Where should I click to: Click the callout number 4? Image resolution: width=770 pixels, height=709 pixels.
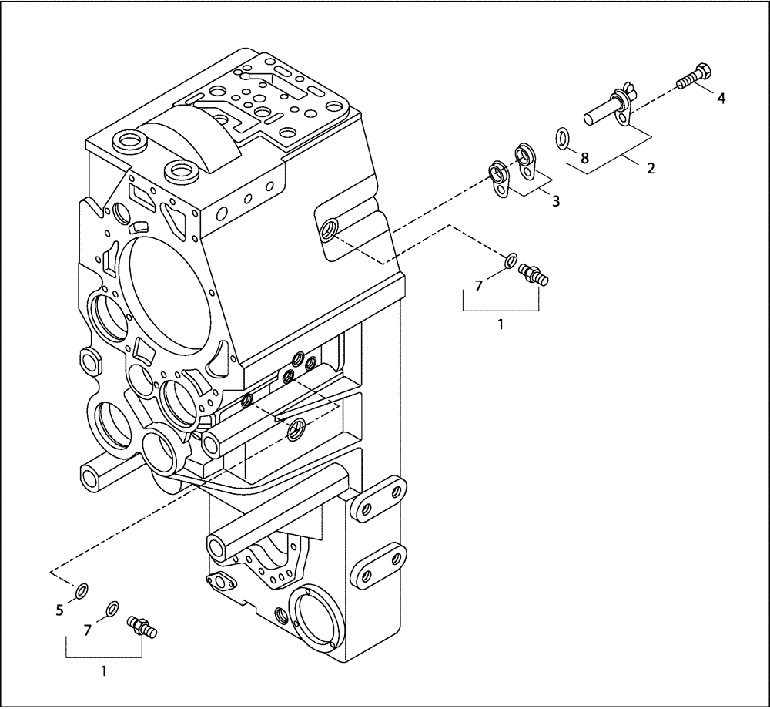[x=721, y=98]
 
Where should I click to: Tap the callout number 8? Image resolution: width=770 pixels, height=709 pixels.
[x=584, y=159]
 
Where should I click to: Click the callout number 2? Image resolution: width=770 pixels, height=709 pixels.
[x=651, y=167]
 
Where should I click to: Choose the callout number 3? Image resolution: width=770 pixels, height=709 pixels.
[x=555, y=201]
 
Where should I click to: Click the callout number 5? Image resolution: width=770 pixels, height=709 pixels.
[x=59, y=610]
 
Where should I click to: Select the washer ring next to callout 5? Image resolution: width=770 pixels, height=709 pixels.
[x=81, y=592]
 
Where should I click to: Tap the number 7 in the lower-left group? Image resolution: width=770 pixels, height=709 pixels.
[x=88, y=630]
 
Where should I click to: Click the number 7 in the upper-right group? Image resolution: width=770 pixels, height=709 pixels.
[x=478, y=286]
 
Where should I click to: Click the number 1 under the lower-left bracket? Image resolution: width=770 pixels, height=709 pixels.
[x=104, y=670]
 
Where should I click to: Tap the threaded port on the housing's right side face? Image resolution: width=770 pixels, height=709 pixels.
[x=330, y=228]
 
